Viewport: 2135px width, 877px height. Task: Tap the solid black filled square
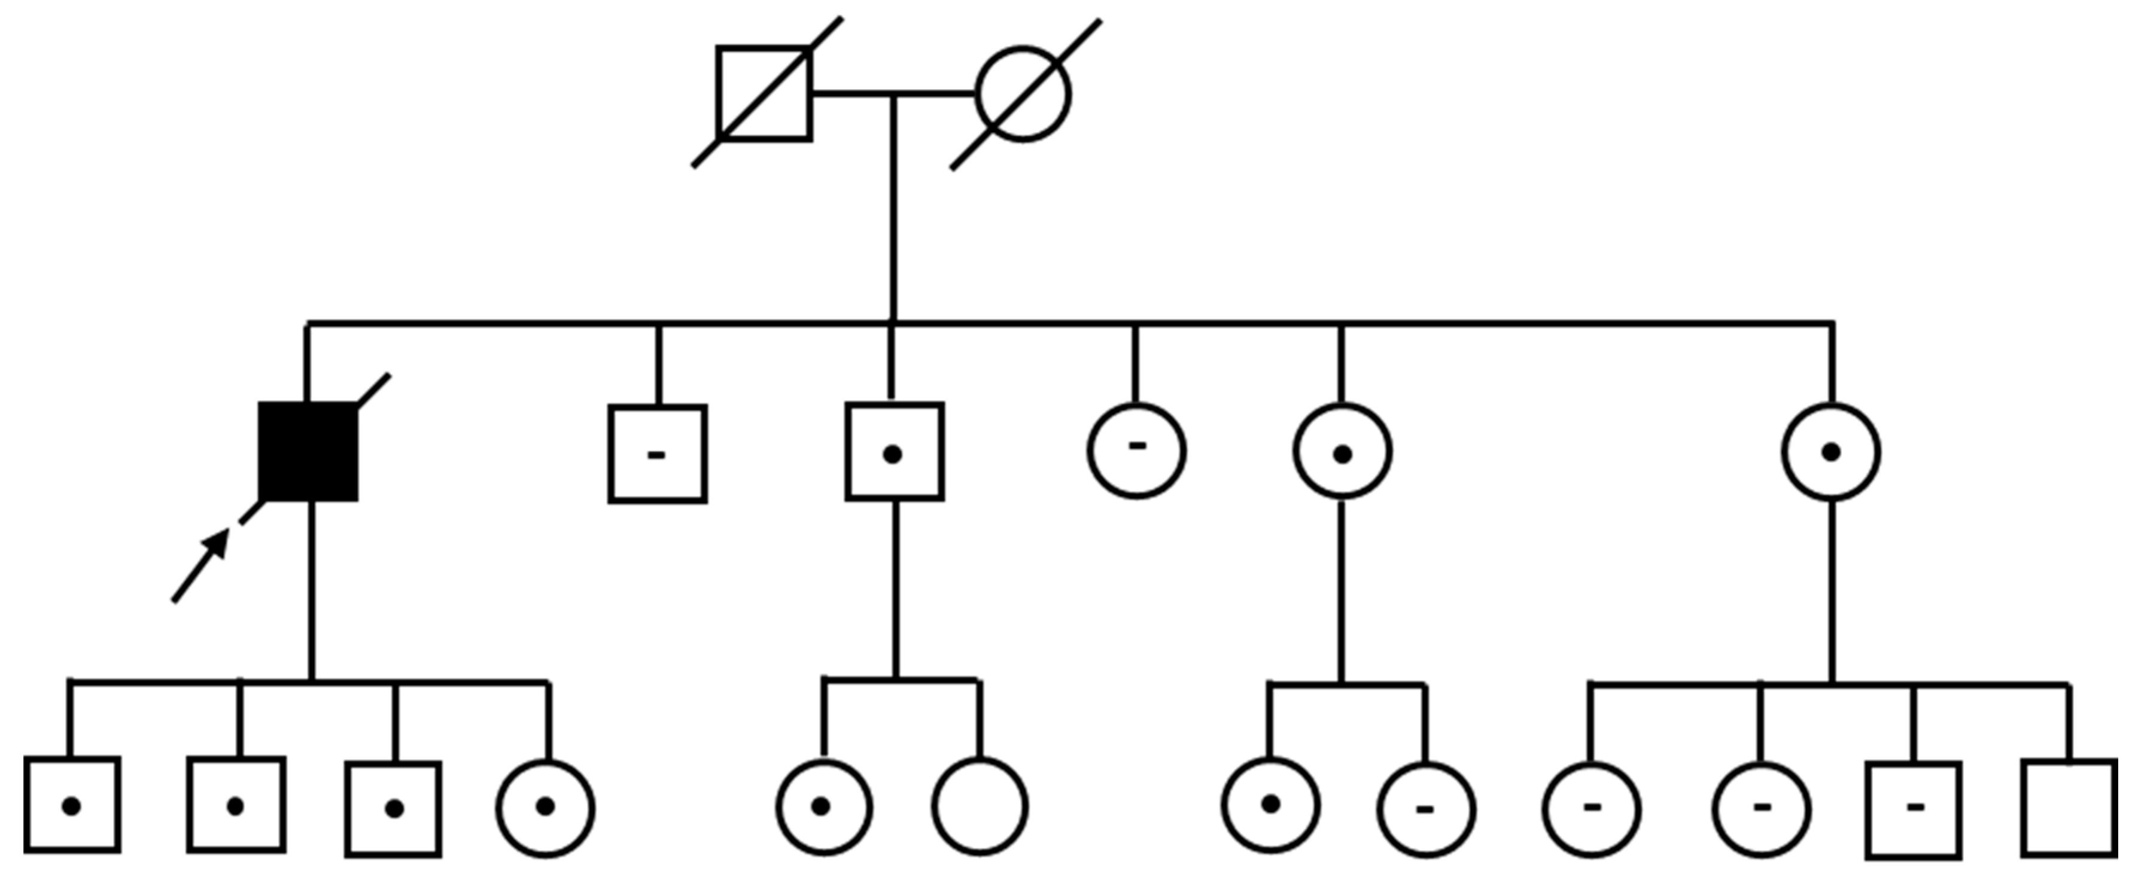coord(308,452)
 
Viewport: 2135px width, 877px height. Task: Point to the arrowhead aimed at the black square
coord(217,543)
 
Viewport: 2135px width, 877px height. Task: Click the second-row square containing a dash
coord(658,453)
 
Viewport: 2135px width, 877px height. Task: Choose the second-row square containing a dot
coord(895,452)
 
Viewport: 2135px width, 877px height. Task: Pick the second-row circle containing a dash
coord(1137,451)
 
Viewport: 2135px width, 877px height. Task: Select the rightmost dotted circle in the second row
coord(1832,452)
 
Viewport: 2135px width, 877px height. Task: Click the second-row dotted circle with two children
coord(1343,452)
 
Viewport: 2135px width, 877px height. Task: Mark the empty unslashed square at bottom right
coord(2069,808)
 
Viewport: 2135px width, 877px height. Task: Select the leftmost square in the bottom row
coord(72,804)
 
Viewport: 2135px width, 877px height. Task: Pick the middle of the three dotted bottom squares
coord(236,804)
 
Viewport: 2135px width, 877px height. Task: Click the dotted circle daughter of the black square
coord(545,806)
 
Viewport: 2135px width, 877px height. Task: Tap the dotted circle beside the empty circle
coord(824,806)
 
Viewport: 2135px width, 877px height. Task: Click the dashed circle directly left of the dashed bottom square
coord(1762,808)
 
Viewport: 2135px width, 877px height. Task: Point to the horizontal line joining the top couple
coord(893,94)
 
